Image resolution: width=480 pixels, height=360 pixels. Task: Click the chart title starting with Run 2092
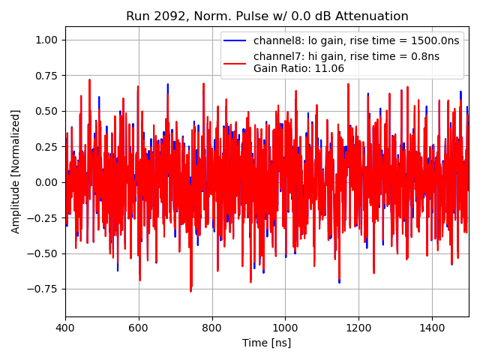click(267, 16)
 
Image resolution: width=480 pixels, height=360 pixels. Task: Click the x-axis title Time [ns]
click(266, 343)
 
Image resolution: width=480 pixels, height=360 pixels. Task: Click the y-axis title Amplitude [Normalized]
click(16, 171)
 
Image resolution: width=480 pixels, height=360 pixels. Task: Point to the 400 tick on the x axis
click(65, 328)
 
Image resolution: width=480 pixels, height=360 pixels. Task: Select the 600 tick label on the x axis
click(139, 328)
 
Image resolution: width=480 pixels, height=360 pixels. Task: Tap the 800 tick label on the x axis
click(211, 328)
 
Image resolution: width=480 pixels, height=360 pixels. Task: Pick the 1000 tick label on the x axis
click(285, 328)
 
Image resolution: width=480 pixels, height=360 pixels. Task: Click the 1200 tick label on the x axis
click(358, 328)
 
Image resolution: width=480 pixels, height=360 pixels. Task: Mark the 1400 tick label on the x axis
click(431, 328)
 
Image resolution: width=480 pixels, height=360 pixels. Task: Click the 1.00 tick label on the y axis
click(46, 40)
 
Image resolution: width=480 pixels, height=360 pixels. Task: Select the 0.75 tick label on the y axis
click(46, 76)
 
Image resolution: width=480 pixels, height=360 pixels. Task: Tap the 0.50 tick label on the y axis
click(46, 111)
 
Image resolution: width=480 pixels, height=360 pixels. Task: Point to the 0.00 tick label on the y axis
click(46, 182)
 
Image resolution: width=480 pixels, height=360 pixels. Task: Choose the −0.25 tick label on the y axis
click(43, 218)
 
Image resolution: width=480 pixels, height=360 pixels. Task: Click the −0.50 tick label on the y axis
click(43, 253)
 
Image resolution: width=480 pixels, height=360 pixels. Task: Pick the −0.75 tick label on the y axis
click(43, 289)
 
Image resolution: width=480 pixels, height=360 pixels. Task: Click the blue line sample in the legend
click(235, 40)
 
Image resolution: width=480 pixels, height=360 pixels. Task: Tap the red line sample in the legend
click(235, 57)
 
